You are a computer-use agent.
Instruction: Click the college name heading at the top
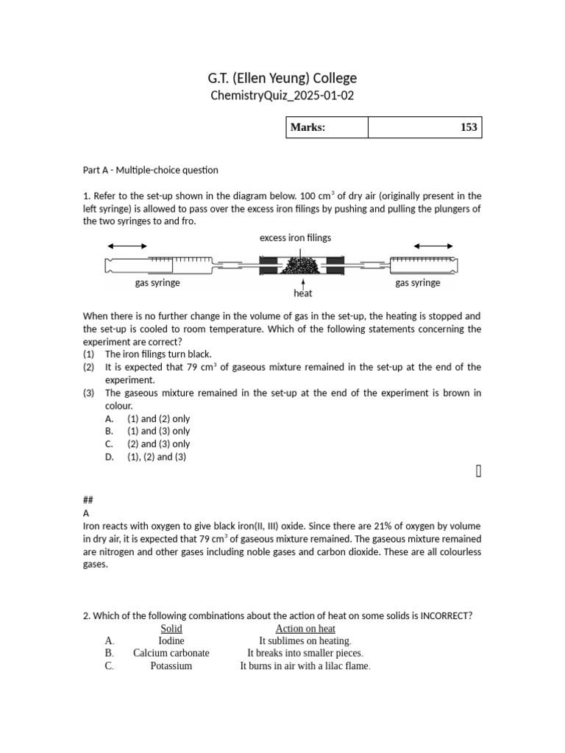tap(282, 78)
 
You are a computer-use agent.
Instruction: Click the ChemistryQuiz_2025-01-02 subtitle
tap(282, 96)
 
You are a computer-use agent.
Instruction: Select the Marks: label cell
tap(326, 127)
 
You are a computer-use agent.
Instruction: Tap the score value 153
tap(468, 127)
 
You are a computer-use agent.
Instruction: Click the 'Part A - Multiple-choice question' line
tap(151, 170)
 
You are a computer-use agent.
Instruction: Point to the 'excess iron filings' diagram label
tap(295, 238)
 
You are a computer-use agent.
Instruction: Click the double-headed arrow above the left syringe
tap(127, 246)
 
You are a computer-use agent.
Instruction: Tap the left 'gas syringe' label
tap(157, 282)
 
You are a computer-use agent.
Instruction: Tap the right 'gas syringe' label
tap(418, 282)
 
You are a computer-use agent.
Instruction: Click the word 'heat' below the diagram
tap(303, 293)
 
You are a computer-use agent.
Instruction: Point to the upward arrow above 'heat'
tap(303, 282)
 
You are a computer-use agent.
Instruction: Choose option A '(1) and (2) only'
tap(158, 418)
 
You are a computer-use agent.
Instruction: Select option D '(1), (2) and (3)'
tap(157, 457)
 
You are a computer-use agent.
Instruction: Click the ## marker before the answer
tap(88, 499)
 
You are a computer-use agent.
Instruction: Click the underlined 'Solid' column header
tap(171, 629)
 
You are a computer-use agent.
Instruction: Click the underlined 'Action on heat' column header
tap(305, 629)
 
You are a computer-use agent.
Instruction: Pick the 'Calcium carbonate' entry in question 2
tap(171, 653)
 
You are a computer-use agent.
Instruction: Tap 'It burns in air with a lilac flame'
tap(305, 666)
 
